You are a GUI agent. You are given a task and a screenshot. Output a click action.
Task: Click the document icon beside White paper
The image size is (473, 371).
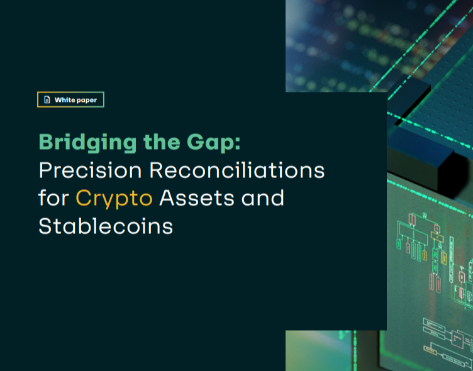point(47,99)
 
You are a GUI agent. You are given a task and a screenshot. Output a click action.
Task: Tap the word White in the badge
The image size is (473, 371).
point(65,99)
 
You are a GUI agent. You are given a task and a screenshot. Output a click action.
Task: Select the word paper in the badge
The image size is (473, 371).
point(87,99)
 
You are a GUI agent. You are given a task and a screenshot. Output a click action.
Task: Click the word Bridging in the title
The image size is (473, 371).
point(79,142)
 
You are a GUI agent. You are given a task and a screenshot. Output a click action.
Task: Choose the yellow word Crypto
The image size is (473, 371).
point(114,199)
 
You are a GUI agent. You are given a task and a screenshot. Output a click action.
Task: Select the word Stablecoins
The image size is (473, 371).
point(106,225)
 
